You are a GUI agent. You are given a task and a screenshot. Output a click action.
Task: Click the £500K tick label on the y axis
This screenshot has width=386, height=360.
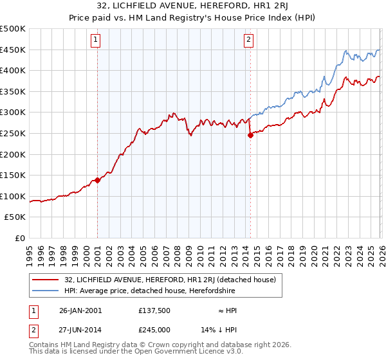pos(13,29)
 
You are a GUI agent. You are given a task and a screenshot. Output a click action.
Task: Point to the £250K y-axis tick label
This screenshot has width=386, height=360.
pos(13,133)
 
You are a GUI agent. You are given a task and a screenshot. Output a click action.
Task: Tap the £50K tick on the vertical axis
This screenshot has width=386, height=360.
pos(15,217)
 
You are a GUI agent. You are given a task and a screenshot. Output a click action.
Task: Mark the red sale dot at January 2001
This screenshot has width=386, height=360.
pos(98,181)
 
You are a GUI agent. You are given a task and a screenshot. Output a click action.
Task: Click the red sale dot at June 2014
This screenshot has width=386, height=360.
pos(250,135)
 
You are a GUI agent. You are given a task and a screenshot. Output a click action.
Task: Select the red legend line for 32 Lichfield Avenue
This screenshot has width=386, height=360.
pos(46,280)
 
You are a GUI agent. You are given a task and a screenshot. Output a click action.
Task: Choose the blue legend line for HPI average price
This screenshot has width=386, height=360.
pos(46,291)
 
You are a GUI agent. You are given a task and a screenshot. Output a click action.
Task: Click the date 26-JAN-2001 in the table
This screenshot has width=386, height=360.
pos(80,310)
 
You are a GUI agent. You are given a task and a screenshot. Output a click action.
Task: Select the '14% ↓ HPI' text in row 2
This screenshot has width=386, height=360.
pos(225,330)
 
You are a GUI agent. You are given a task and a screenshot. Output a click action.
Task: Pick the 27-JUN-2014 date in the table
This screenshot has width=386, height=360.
pos(80,330)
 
